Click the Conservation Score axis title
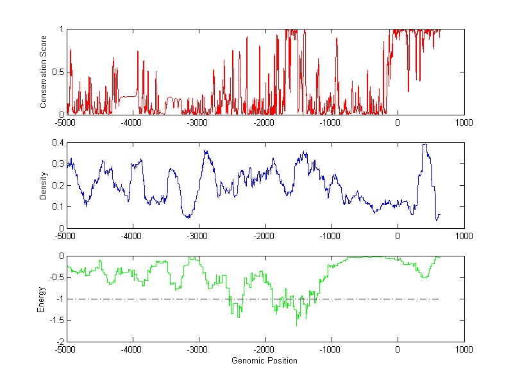[x=43, y=72]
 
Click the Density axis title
[x=43, y=185]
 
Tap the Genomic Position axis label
[x=265, y=360]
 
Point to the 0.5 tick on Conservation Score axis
[x=58, y=72]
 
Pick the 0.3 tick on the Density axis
[x=58, y=164]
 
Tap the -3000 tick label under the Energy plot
[x=198, y=349]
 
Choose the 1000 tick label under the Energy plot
[x=464, y=349]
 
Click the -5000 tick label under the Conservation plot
[x=66, y=122]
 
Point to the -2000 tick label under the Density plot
[x=264, y=236]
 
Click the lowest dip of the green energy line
[x=297, y=326]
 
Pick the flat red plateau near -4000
[x=129, y=96]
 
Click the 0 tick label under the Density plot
[x=398, y=236]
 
